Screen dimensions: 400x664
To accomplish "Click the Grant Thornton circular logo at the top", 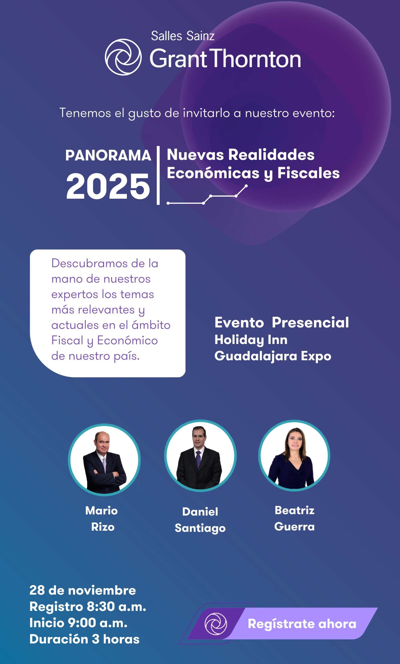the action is pos(123,57).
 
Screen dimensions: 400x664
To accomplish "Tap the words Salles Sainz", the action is pos(183,36).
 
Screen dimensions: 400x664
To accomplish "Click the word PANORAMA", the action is pos(108,156).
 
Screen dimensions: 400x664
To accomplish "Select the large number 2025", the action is pos(108,186).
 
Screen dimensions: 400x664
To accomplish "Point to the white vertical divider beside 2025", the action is pos(158,175).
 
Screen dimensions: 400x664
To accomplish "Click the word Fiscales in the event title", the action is pos(309,173).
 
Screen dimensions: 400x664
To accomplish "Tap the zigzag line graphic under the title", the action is pos(207,195).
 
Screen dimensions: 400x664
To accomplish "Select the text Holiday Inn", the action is pos(251,340).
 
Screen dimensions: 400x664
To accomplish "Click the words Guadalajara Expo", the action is pos(273,356).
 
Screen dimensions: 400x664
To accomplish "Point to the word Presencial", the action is pos(310,323).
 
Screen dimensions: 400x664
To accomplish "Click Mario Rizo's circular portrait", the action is pos(104,460).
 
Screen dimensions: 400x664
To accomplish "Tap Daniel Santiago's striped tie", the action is pos(198,460).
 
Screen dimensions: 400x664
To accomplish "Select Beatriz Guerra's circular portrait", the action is pos(294,456).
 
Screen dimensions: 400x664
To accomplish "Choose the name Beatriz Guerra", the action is pos(295,518).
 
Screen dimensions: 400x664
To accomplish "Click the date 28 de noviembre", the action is pos(83,590).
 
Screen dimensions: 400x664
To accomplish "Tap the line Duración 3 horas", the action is pos(85,639).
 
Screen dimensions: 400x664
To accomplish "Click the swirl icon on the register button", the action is pos(216,624).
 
